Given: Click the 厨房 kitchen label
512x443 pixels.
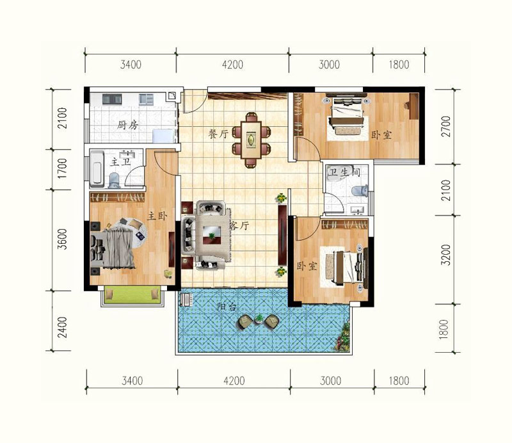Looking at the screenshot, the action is click(127, 125).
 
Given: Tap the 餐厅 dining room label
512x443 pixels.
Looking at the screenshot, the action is click(218, 134).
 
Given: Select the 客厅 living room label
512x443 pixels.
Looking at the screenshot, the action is click(239, 225).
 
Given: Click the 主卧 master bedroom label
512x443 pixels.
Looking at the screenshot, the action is click(157, 216).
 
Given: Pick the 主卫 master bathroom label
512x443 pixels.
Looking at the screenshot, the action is click(120, 161).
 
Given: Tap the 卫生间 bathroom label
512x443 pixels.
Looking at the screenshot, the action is click(344, 172).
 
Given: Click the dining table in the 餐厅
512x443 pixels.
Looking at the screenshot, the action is click(252, 140).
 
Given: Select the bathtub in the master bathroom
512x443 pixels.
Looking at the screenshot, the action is click(97, 168).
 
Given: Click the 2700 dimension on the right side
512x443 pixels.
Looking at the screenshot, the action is click(445, 126).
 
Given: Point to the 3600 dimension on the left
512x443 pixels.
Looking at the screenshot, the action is click(62, 239).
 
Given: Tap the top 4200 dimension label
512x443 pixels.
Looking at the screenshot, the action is click(232, 65).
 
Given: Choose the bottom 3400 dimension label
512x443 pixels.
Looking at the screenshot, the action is click(132, 381).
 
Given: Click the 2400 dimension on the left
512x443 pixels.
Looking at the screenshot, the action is click(62, 327).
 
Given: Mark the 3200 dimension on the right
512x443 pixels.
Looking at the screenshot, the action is click(445, 255).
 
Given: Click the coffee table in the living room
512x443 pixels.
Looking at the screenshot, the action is click(212, 233).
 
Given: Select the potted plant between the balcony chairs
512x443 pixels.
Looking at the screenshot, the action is click(259, 318).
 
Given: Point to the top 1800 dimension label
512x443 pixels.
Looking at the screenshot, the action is click(399, 65).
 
